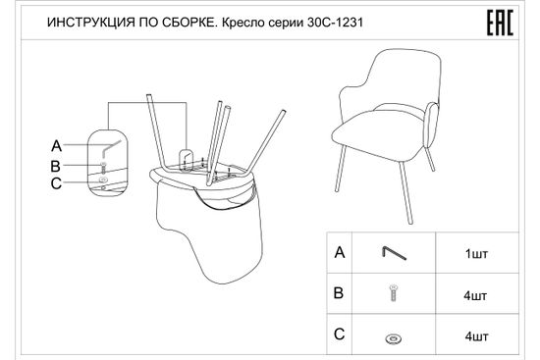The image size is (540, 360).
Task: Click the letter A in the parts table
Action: [340, 253]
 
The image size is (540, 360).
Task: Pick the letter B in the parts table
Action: [340, 292]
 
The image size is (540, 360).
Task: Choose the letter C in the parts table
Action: [340, 334]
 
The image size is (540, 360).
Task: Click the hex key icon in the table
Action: [394, 253]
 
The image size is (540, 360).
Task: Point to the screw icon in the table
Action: [394, 292]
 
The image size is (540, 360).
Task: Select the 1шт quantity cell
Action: [475, 253]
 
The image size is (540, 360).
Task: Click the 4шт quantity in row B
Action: [475, 293]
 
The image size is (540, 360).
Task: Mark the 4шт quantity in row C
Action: [475, 335]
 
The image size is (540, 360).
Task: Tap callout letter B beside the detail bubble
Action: [56, 165]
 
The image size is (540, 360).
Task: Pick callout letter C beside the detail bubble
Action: [56, 181]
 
